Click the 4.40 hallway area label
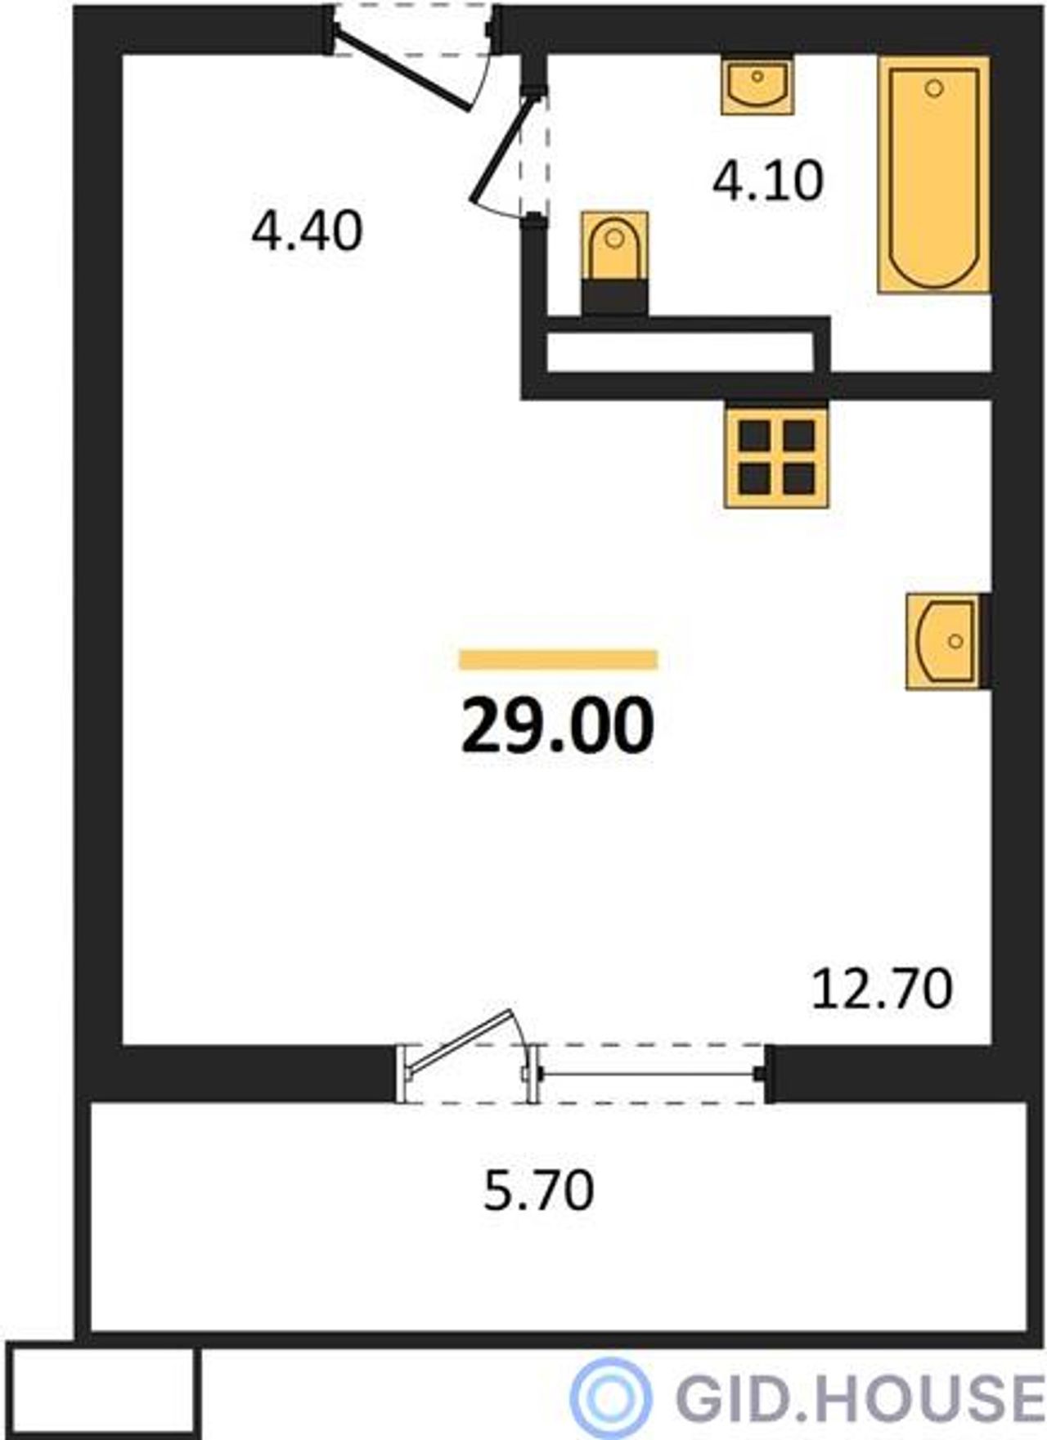click(307, 231)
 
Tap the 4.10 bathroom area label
click(767, 181)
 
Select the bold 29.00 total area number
click(558, 726)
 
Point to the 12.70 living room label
click(882, 988)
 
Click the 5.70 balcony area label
click(539, 1190)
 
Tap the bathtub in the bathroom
click(934, 174)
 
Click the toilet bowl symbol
click(615, 246)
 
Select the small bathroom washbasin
click(757, 84)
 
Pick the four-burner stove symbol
click(776, 457)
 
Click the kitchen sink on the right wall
click(946, 641)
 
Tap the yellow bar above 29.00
click(559, 659)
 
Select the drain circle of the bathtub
click(934, 87)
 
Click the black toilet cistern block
click(615, 298)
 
